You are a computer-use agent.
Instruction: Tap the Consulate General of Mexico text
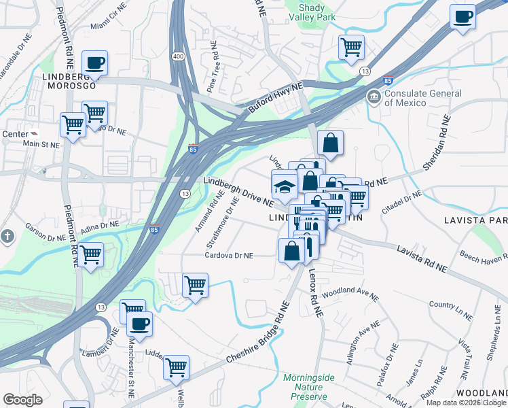coord(405,98)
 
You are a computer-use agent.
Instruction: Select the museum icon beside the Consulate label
coord(374,98)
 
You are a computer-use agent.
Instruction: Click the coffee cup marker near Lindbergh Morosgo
coord(95,63)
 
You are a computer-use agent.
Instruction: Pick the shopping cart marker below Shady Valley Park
coord(352,48)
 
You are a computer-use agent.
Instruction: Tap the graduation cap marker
coord(284,186)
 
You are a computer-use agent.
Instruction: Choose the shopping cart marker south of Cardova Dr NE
coord(196,285)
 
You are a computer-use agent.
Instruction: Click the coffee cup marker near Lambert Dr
coord(140,325)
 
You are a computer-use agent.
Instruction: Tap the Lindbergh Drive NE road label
coord(238,192)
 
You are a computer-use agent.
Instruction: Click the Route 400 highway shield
coord(178,55)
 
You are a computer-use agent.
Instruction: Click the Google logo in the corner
coord(22,399)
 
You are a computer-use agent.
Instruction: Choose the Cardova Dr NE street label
coord(230,256)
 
